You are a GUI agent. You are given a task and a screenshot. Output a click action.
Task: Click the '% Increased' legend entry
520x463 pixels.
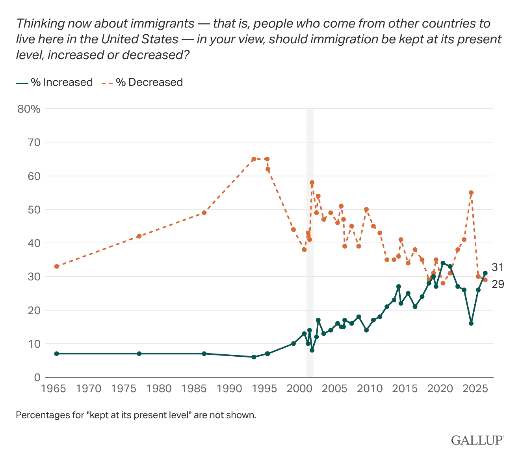[54, 82]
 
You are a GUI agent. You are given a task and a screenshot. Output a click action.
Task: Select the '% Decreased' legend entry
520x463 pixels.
[142, 82]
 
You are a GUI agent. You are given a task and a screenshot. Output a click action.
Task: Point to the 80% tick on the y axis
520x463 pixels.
[29, 109]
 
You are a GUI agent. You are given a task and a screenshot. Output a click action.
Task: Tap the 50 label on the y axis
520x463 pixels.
[34, 209]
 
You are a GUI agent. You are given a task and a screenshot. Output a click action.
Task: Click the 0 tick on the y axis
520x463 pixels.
[37, 377]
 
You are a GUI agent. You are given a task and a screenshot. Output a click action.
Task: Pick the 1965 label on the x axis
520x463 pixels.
[54, 389]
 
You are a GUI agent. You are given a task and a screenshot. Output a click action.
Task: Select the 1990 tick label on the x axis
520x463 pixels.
[229, 389]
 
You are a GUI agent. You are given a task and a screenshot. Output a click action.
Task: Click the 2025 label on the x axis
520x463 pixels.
[475, 389]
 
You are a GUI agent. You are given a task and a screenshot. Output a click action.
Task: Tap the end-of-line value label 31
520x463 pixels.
[498, 267]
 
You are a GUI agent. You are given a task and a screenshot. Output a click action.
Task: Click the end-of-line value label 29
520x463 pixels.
[498, 284]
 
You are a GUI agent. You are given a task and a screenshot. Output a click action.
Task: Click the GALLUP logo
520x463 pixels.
[477, 441]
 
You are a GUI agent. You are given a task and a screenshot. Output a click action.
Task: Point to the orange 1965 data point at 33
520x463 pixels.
[57, 267]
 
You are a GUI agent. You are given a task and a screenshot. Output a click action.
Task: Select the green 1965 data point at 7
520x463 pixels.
[57, 354]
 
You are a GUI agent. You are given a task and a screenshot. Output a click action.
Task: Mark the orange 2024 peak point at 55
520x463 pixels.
[471, 193]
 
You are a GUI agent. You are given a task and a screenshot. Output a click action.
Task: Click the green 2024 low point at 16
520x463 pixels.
[471, 324]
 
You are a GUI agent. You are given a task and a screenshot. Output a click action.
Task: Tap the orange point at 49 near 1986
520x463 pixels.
[204, 213]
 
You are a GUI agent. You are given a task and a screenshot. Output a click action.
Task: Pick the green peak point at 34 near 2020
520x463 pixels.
[443, 263]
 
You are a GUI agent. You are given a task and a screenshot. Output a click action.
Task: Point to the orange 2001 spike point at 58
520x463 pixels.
[312, 183]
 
